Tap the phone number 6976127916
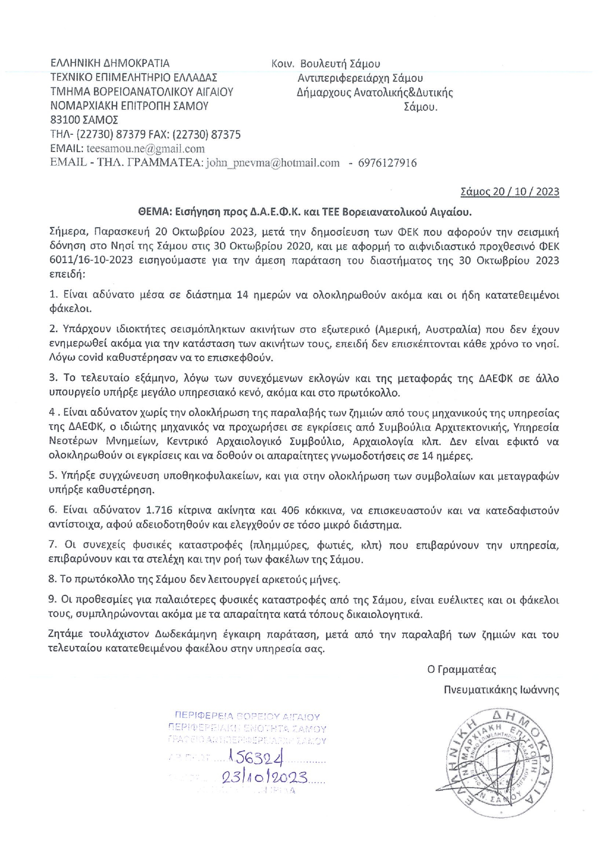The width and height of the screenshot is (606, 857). click(387, 163)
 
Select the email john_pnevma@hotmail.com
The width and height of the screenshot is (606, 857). click(272, 163)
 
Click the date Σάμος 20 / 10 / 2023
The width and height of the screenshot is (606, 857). click(510, 191)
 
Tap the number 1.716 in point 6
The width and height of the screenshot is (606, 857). click(159, 510)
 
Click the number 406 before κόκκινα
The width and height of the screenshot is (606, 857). click(292, 510)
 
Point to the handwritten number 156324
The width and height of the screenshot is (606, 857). click(253, 757)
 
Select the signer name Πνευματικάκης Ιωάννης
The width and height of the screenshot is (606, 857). click(502, 690)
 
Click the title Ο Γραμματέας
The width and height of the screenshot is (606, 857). click(461, 669)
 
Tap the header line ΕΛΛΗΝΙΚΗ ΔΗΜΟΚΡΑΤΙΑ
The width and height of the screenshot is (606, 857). click(110, 63)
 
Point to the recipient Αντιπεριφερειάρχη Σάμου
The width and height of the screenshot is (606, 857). click(360, 78)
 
